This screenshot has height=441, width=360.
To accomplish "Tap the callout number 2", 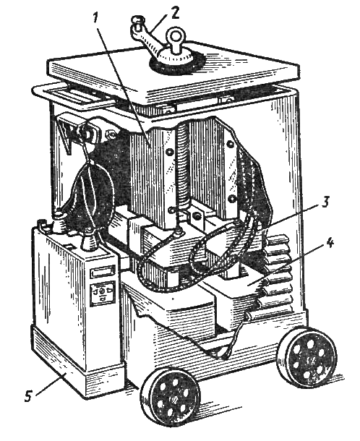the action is tap(174, 14).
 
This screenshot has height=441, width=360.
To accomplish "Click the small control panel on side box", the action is tap(102, 294).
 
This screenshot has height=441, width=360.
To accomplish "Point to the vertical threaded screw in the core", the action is tap(184, 168).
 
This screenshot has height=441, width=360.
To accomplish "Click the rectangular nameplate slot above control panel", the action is tap(103, 273).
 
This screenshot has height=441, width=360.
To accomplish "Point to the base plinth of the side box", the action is tap(79, 363).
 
